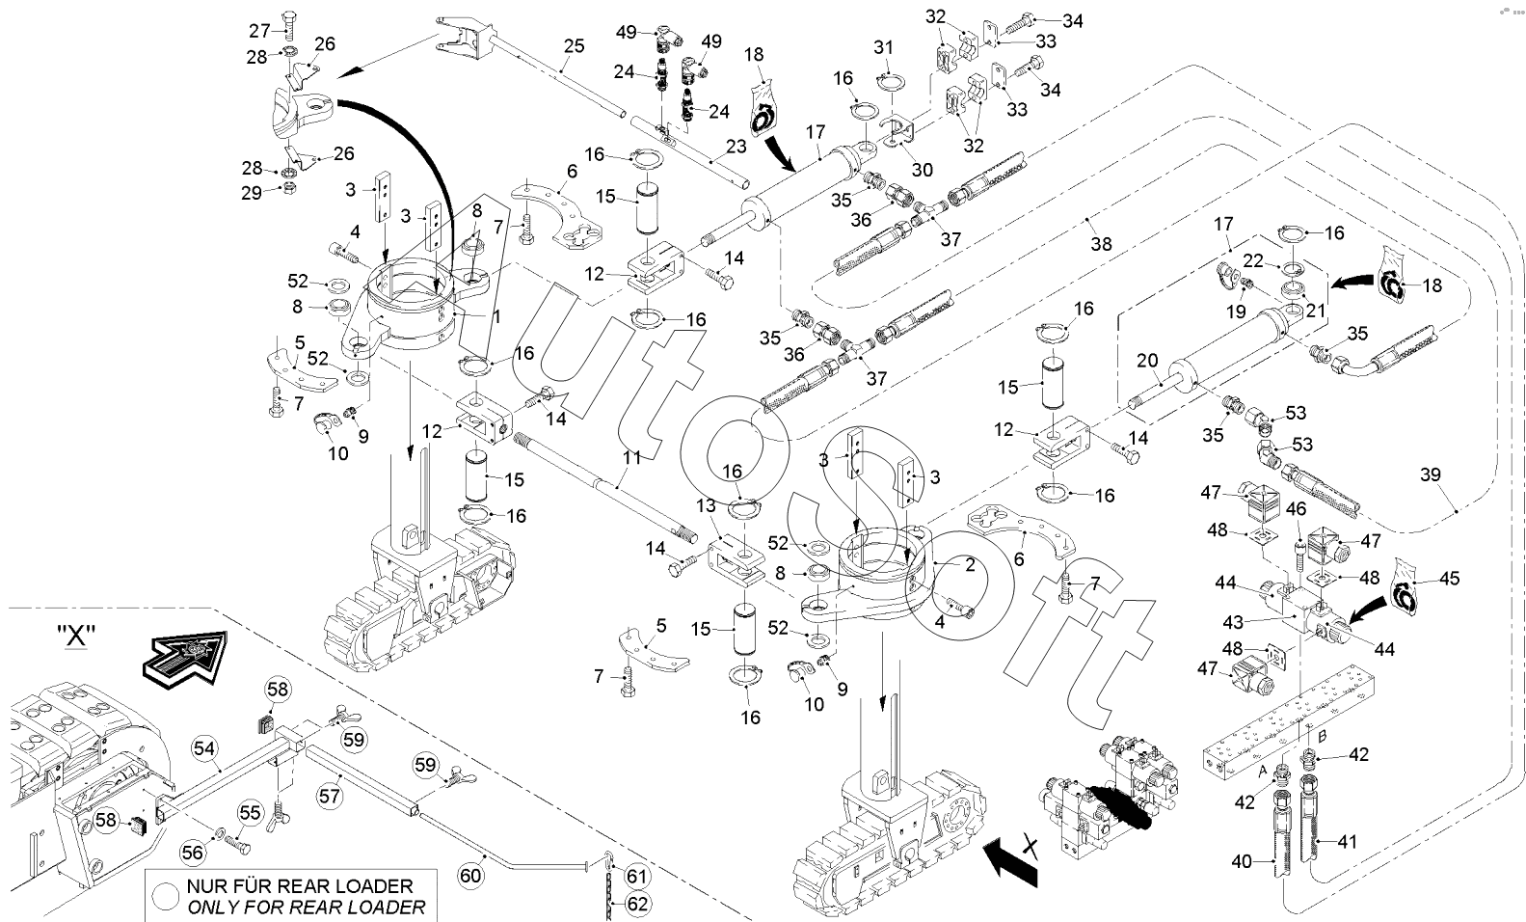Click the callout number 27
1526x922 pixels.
pyautogui.click(x=260, y=30)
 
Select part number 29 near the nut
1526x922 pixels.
pyautogui.click(x=252, y=193)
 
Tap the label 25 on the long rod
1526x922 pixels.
pyautogui.click(x=575, y=45)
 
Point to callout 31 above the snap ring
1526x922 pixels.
pyautogui.click(x=884, y=47)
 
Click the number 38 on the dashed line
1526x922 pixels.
pyautogui.click(x=1101, y=244)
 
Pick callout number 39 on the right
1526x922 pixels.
pyautogui.click(x=1432, y=474)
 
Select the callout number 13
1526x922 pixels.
pyautogui.click(x=706, y=507)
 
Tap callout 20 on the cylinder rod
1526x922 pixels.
pyautogui.click(x=1146, y=361)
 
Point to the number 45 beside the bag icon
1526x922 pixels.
pyautogui.click(x=1449, y=579)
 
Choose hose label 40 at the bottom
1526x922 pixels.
pyautogui.click(x=1244, y=861)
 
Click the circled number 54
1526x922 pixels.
pyautogui.click(x=203, y=746)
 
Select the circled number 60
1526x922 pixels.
pyautogui.click(x=469, y=876)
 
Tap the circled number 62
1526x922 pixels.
pyautogui.click(x=638, y=904)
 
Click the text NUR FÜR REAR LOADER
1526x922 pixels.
pyautogui.click(x=300, y=885)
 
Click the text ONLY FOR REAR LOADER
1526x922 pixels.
pyautogui.click(x=306, y=908)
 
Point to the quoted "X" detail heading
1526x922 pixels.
pyautogui.click(x=74, y=637)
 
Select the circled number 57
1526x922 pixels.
pyautogui.click(x=331, y=796)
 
